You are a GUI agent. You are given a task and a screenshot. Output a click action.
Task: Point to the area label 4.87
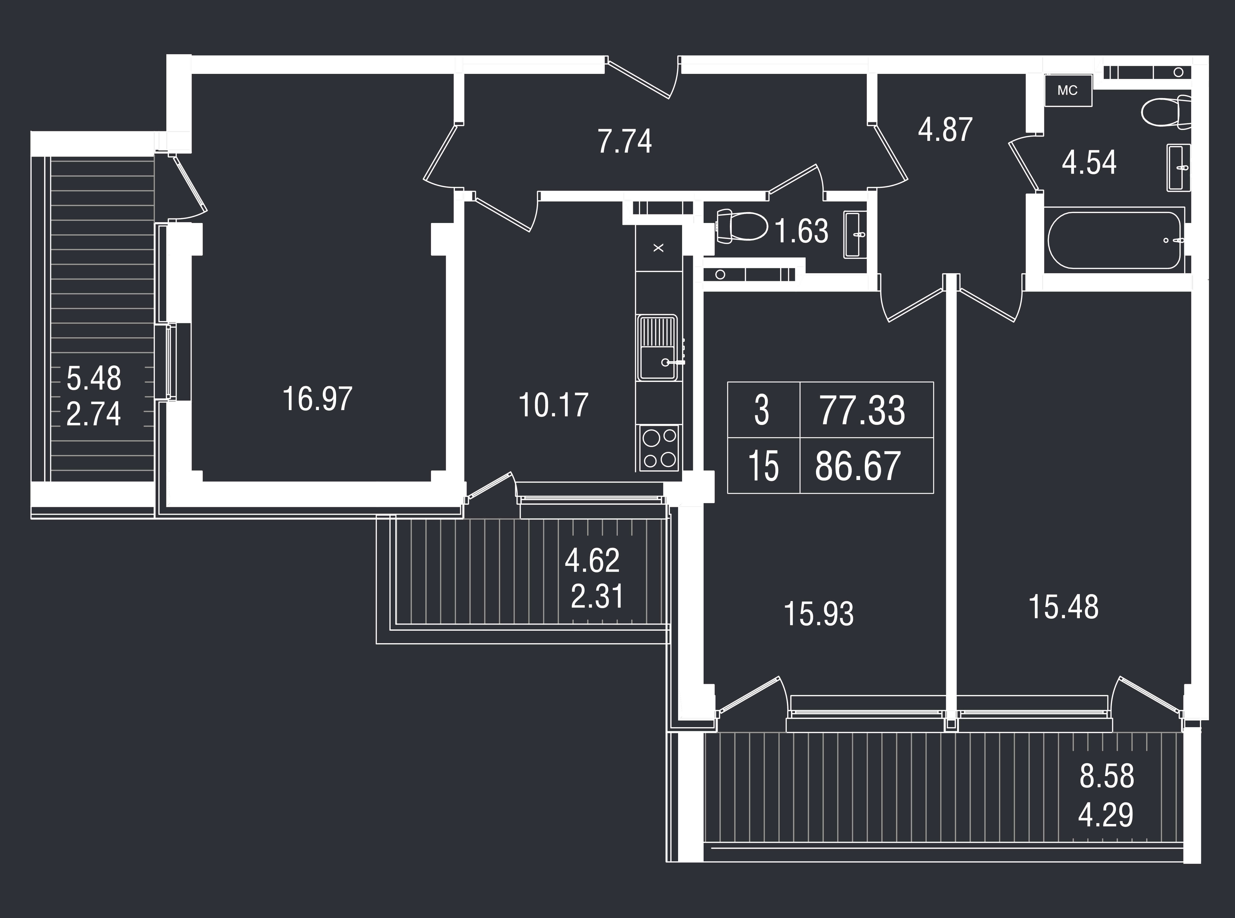click(x=945, y=130)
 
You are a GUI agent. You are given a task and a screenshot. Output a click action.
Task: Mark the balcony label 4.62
click(x=592, y=561)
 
